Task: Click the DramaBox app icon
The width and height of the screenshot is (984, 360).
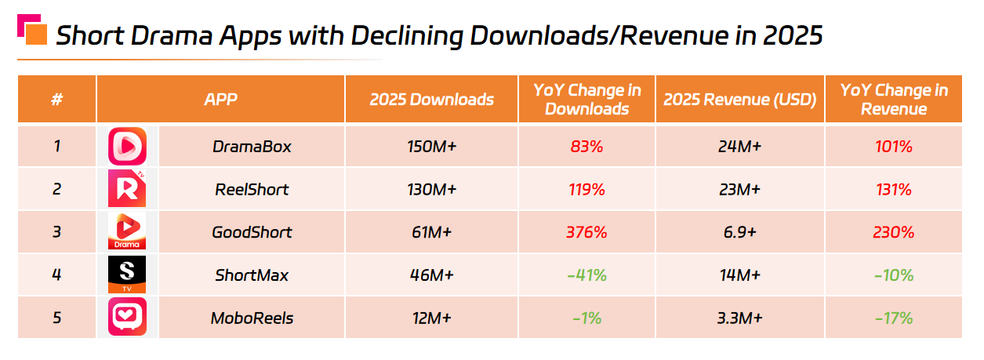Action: click(127, 147)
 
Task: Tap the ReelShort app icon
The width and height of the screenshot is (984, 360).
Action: click(127, 189)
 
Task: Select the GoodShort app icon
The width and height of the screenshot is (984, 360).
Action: click(127, 232)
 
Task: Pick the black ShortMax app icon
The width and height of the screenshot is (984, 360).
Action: click(127, 275)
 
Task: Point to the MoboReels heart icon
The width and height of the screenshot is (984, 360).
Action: click(127, 318)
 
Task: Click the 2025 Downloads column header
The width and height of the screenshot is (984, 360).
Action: click(431, 100)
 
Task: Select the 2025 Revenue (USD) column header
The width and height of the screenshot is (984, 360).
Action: click(739, 100)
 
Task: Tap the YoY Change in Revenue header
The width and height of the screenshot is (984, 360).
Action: click(894, 100)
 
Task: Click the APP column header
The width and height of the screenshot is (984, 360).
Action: click(220, 100)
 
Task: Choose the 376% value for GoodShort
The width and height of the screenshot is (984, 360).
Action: click(586, 232)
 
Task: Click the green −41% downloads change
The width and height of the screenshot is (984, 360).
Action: click(586, 275)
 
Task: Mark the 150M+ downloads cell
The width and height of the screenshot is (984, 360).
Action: click(431, 147)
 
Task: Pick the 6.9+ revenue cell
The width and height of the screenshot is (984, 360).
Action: click(739, 232)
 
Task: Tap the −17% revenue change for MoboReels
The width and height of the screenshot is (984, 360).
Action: click(894, 318)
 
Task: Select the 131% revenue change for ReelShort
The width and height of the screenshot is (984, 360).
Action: click(894, 190)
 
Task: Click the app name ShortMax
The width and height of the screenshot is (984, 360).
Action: click(252, 275)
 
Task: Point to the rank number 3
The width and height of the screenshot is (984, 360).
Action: click(56, 232)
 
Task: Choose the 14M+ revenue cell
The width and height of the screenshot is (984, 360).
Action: click(739, 275)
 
